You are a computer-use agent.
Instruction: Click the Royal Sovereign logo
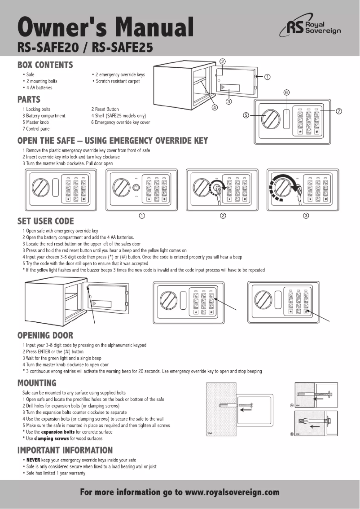pyautogui.click(x=310, y=28)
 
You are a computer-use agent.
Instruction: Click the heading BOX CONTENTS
pyautogui.click(x=45, y=65)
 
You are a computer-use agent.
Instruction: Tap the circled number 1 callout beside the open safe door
pyautogui.click(x=268, y=76)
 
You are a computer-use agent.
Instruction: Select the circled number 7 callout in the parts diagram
pyautogui.click(x=340, y=111)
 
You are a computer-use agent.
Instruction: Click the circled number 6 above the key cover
pyautogui.click(x=286, y=92)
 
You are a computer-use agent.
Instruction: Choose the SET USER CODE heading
pyautogui.click(x=45, y=221)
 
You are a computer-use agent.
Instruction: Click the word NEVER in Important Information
pyautogui.click(x=33, y=460)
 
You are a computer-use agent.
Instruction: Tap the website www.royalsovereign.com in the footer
pyautogui.click(x=232, y=492)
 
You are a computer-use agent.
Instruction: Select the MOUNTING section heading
pyautogui.click(x=37, y=383)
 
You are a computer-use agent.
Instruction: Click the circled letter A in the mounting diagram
pyautogui.click(x=292, y=405)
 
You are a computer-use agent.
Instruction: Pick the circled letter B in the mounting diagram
pyautogui.click(x=292, y=434)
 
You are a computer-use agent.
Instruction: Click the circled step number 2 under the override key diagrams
pyautogui.click(x=223, y=215)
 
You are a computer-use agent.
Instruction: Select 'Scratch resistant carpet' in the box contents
pyautogui.click(x=117, y=81)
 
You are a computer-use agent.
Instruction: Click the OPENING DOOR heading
pyautogui.click(x=45, y=335)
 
